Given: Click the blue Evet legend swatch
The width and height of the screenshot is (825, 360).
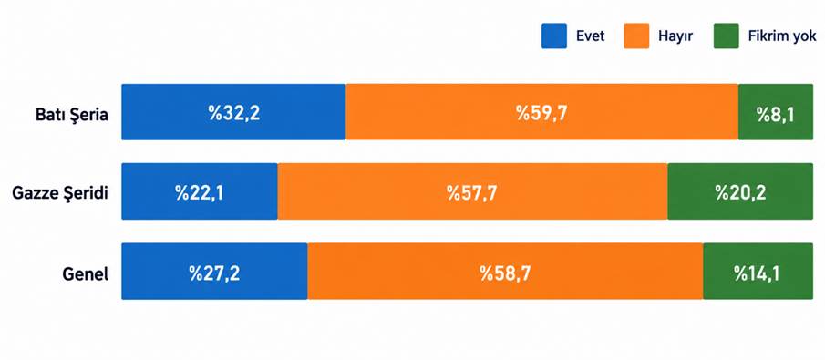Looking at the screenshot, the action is coord(554,36).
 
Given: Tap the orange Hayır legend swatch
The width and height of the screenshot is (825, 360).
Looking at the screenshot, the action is coord(636,36).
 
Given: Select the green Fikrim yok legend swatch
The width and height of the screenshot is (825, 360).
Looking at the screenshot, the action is coord(726,36).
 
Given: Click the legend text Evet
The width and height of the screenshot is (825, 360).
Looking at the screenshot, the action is coord(591,36).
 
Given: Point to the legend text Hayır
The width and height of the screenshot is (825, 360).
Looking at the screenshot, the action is coord(675,36).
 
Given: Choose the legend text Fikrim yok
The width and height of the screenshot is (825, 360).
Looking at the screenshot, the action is coord(782,36).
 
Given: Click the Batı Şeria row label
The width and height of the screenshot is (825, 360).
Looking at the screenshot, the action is coord(71,115).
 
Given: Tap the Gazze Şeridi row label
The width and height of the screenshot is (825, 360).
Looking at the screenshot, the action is coord(60,193).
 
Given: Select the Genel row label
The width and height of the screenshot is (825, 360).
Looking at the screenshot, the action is coord(86,273).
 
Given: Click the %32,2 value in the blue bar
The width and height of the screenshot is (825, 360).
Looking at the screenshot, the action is coord(234,113).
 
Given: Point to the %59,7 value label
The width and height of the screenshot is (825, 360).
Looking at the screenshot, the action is coord(541,113).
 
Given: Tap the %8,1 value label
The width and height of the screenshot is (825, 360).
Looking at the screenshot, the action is coord(775,114).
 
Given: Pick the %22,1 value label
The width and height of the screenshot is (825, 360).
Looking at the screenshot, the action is coord(200,192).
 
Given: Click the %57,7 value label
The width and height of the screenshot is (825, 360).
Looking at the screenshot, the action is coord(472,192).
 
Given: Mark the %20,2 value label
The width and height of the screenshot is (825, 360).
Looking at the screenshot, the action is coord(740,192).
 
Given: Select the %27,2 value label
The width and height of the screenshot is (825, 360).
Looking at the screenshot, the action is coord(214,273).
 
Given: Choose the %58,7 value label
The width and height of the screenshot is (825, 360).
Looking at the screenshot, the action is coord(505,273).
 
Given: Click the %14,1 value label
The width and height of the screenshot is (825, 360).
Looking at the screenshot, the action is coord(758,273).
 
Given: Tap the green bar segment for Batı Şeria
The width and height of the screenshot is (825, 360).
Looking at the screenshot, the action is coord(776,111).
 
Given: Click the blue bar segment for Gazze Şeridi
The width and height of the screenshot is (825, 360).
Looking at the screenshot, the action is coord(200,191).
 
